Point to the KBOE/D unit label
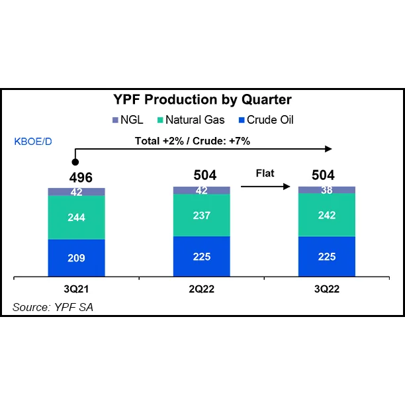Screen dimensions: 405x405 coord(32,141)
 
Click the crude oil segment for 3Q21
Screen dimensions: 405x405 coord(76,258)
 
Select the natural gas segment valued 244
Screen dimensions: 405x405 coord(76,217)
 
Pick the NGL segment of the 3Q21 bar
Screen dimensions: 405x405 coord(76,192)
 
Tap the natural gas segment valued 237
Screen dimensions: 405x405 coord(201,215)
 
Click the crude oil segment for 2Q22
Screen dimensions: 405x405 coord(201,256)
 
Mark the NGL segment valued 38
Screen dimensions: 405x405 coord(326,189)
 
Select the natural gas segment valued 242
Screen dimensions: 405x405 coord(326,214)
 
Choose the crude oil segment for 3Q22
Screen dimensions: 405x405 coord(326,256)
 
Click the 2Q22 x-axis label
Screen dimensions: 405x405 coord(201,289)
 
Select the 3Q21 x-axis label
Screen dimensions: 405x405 coord(76,289)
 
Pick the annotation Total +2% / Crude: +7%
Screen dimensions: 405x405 coord(192,141)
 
